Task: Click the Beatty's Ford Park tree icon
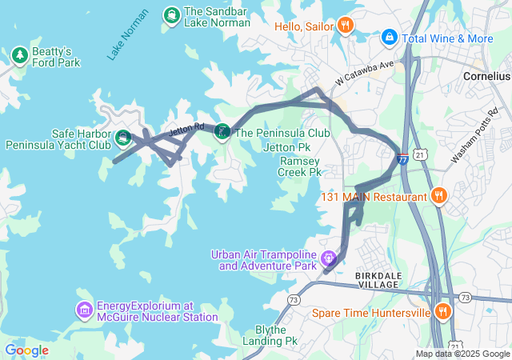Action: pyautogui.click(x=20, y=55)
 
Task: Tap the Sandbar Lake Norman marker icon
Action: pyautogui.click(x=171, y=14)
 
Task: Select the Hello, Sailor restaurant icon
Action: pyautogui.click(x=345, y=25)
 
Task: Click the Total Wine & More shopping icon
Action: pyautogui.click(x=389, y=37)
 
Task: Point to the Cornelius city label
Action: pyautogui.click(x=486, y=76)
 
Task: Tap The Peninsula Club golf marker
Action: pyautogui.click(x=222, y=132)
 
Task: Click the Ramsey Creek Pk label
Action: pyautogui.click(x=300, y=166)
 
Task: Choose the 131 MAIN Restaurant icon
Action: pyautogui.click(x=438, y=195)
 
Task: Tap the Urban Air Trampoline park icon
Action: pyautogui.click(x=328, y=258)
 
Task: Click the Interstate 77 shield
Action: pyautogui.click(x=402, y=158)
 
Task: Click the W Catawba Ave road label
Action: pyautogui.click(x=366, y=71)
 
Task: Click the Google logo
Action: pyautogui.click(x=26, y=350)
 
